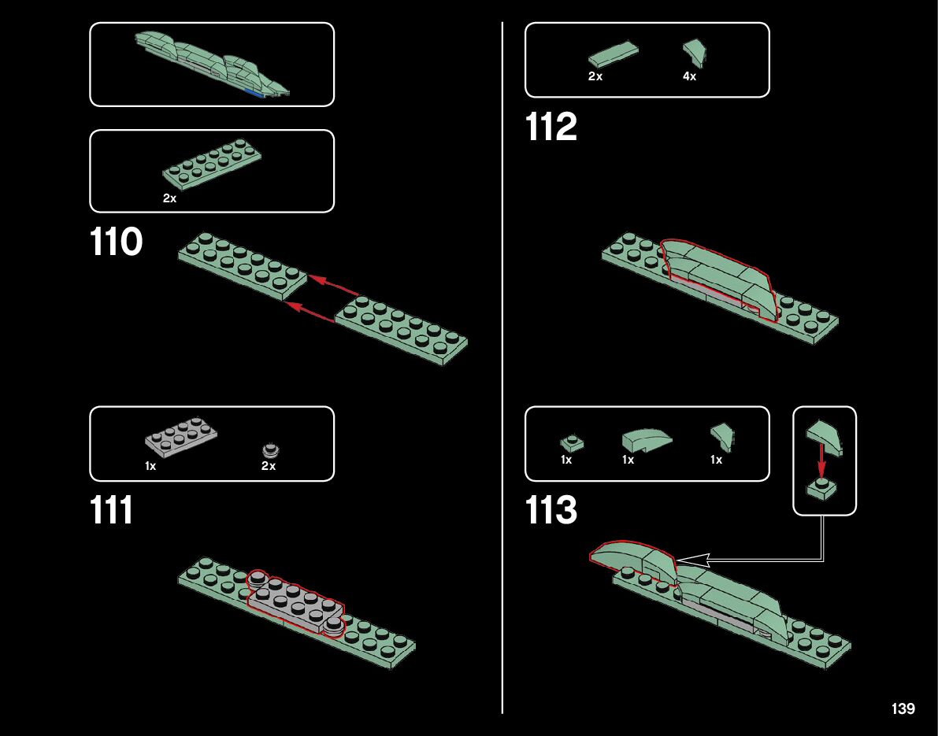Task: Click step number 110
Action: point(117,242)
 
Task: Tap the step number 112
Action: point(551,128)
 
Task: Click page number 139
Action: point(903,709)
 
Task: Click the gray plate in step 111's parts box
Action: point(181,438)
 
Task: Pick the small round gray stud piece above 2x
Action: point(269,451)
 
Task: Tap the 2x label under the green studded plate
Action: point(169,199)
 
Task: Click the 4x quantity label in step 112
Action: point(689,77)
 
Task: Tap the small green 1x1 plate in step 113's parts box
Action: point(569,442)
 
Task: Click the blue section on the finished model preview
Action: point(254,93)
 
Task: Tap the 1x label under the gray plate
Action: point(150,466)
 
